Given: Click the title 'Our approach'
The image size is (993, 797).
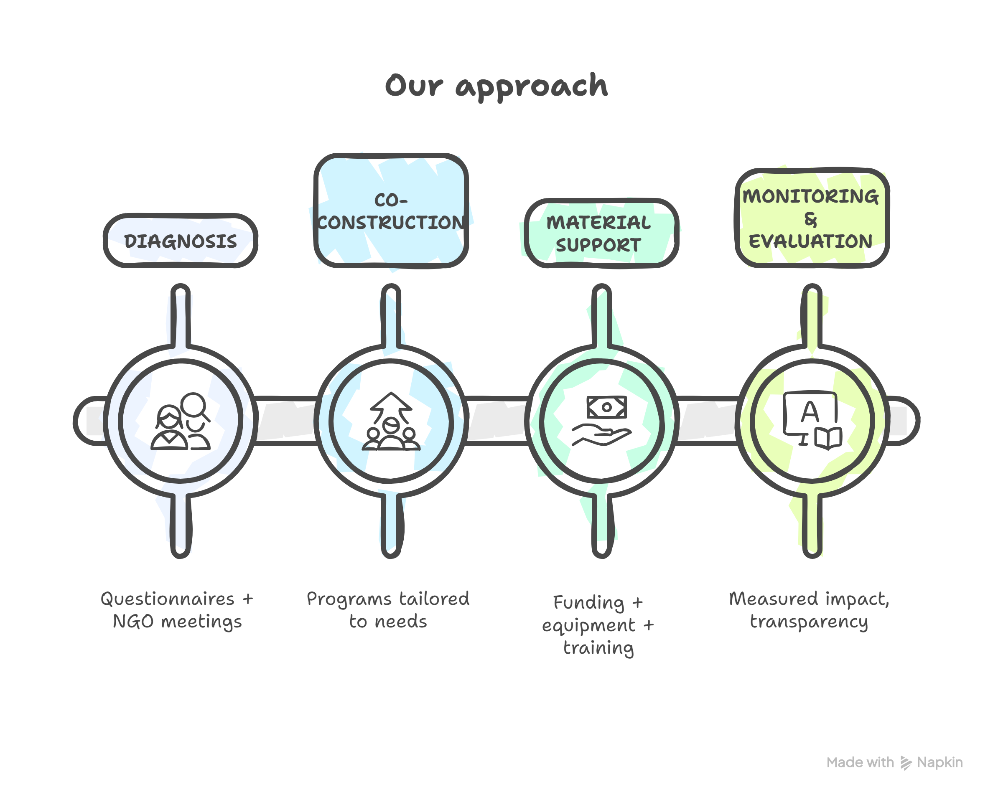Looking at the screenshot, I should (496, 86).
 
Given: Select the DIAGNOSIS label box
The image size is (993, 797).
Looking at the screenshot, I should (180, 241).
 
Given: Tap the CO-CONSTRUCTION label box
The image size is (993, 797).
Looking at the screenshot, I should (391, 211).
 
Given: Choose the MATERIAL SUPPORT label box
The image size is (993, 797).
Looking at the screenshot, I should (601, 234).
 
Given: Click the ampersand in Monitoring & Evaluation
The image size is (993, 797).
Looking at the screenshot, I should (811, 220).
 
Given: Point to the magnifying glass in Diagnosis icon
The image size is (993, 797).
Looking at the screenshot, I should (194, 405).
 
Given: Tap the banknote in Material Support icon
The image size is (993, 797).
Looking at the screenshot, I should (606, 407).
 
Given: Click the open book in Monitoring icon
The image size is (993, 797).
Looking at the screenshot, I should (828, 438).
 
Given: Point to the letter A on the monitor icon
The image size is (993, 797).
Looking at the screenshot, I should (809, 412).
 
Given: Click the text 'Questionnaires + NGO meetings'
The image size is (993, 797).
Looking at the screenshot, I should (177, 610).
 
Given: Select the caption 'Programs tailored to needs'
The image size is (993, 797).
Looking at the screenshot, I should (388, 610).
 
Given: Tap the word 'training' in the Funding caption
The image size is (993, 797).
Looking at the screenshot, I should (598, 648).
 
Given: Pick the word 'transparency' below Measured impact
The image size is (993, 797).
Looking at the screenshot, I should (809, 622).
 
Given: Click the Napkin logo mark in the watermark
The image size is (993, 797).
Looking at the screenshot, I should (906, 763).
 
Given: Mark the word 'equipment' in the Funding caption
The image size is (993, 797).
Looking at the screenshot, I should (589, 625).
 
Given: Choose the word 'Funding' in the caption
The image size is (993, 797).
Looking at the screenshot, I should (588, 603).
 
